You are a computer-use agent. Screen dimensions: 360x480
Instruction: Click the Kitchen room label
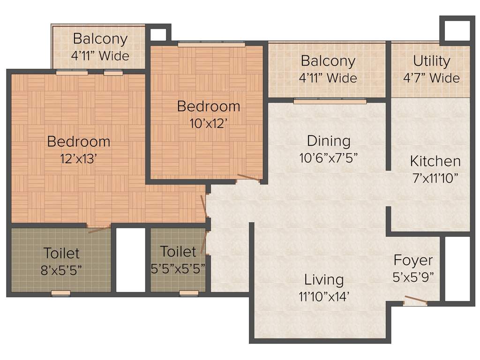[x=435, y=161]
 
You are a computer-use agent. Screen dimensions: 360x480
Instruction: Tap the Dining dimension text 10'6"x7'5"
[x=329, y=158]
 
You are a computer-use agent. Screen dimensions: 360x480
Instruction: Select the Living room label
[x=324, y=280]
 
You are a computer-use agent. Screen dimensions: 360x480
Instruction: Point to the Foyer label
[x=413, y=260]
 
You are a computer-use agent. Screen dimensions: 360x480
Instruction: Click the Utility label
[x=431, y=61]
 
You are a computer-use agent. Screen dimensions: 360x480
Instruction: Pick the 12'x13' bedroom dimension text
[x=78, y=158]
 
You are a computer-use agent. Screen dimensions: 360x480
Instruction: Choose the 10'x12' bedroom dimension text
[x=209, y=123]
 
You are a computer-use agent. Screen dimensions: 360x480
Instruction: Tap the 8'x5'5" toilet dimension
[x=61, y=270]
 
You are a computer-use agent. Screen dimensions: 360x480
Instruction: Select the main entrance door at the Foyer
[x=415, y=300]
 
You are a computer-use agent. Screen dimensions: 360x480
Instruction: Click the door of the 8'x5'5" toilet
[x=99, y=229]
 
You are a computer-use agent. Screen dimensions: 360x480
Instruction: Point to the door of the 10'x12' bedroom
[x=249, y=178]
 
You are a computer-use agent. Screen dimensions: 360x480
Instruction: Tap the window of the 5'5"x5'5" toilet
[x=189, y=293]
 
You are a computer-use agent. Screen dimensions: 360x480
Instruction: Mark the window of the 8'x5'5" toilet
[x=60, y=293]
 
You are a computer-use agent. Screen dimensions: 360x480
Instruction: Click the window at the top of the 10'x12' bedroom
[x=211, y=45]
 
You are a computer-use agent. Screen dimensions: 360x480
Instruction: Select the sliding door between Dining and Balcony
[x=330, y=101]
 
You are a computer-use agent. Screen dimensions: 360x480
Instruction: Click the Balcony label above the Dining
[x=328, y=61]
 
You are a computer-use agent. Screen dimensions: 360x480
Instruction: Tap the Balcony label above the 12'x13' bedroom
[x=100, y=38]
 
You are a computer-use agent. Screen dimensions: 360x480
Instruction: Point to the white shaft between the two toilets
[x=131, y=260]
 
